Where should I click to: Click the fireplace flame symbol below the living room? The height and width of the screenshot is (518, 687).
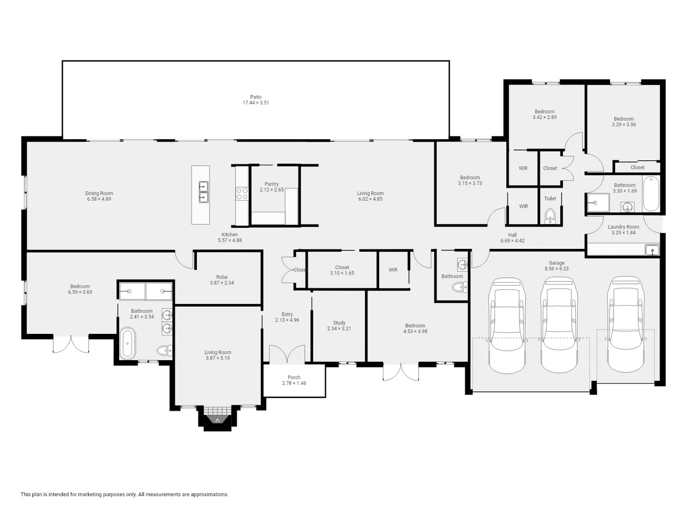pos(217,420)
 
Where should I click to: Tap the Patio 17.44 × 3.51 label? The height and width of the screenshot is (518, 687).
pos(255,100)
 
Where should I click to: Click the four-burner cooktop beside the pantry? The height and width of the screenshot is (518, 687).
pos(242,193)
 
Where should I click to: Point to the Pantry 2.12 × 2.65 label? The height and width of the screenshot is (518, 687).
pos(272,187)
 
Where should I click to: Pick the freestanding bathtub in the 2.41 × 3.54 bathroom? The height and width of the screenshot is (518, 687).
pos(127,343)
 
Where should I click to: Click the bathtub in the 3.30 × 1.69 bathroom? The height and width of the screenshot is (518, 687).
pos(651,193)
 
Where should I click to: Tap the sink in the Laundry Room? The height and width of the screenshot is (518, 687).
pos(651,250)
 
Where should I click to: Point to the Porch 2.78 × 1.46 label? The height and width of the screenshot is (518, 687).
pos(294,380)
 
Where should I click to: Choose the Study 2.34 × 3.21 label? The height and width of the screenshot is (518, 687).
pos(339,326)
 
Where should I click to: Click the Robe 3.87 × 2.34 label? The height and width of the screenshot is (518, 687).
pos(222,280)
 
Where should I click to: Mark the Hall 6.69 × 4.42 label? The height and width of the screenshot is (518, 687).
pos(512,238)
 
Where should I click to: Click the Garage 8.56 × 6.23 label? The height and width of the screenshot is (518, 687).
pos(556,266)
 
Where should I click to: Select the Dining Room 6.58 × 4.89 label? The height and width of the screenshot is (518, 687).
pos(99,196)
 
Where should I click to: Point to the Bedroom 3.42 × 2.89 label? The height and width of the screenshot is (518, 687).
pos(544,114)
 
